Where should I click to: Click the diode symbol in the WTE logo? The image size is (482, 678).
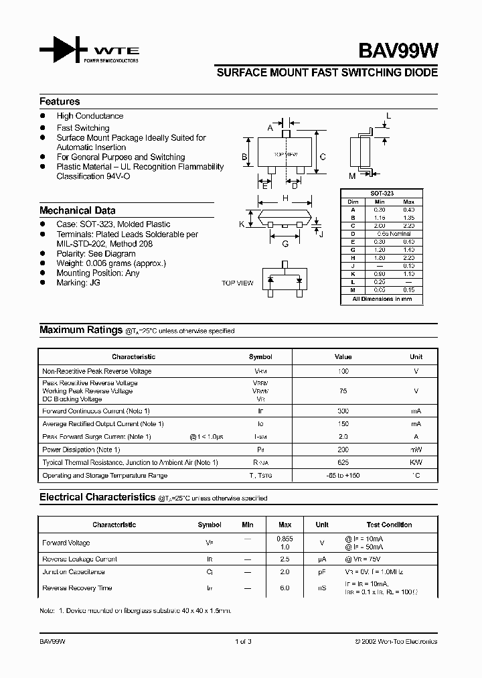[64, 51]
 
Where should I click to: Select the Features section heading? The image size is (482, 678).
[60, 102]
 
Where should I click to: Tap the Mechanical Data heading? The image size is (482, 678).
[77, 210]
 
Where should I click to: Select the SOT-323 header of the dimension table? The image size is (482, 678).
[382, 194]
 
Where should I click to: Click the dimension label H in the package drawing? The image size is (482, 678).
[285, 198]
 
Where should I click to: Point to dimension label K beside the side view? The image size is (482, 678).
[242, 224]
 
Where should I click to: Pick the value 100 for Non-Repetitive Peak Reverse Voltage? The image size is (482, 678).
[343, 371]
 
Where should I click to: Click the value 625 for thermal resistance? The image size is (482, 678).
[343, 463]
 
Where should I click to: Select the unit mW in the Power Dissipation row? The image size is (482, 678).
[416, 450]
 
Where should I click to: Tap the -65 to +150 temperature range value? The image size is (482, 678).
[343, 476]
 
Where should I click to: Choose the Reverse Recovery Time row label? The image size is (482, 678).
[77, 588]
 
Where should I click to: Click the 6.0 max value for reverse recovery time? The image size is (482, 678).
[284, 588]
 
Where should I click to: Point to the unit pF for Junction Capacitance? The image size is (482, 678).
[322, 572]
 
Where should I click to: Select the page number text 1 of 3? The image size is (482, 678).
[243, 642]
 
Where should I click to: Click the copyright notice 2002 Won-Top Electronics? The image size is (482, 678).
[396, 642]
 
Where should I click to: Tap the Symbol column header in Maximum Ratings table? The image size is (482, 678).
[260, 357]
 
